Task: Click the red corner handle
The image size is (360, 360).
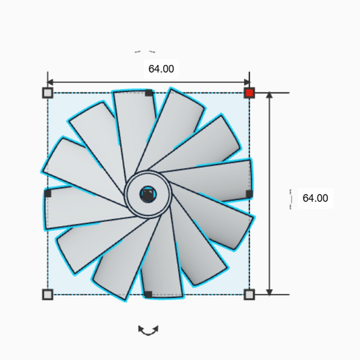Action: (x=249, y=93)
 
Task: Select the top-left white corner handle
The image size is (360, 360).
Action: (x=47, y=93)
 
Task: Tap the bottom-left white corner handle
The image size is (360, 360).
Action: (x=47, y=294)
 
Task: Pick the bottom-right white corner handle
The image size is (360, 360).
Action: (x=249, y=294)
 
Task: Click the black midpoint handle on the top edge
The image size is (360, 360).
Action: (x=149, y=93)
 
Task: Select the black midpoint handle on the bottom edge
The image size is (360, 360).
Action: (x=149, y=294)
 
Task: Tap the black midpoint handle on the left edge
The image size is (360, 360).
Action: (x=47, y=193)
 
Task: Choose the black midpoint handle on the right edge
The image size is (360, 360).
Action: (x=249, y=193)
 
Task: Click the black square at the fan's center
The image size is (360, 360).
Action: (x=147, y=194)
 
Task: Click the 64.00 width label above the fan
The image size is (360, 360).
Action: (x=161, y=69)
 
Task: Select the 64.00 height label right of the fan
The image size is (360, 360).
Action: (x=315, y=198)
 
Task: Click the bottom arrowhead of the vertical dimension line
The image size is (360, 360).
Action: (x=269, y=291)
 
